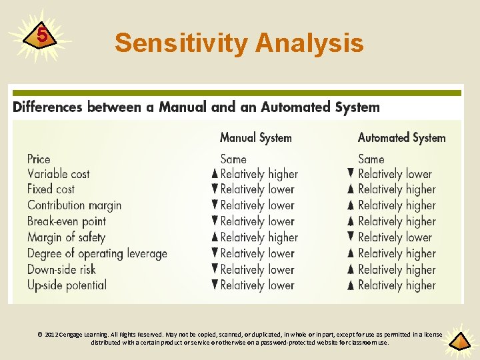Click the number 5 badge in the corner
(42, 35)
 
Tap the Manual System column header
(256, 138)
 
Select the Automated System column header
(401, 138)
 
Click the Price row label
(39, 159)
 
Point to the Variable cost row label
(59, 174)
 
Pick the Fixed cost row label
(51, 189)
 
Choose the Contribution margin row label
(74, 205)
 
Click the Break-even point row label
(67, 221)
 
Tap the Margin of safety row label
(67, 237)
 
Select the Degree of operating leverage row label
(97, 253)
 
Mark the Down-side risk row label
(61, 269)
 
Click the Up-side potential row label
(67, 285)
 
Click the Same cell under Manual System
(233, 159)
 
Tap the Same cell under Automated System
(371, 159)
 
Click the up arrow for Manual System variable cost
(215, 174)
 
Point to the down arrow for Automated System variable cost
(351, 173)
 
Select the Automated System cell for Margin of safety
(395, 237)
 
